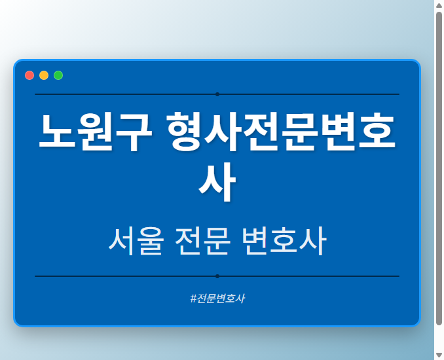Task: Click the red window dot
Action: (29, 75)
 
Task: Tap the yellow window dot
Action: (44, 75)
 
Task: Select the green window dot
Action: (58, 75)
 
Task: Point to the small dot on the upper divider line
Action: (217, 94)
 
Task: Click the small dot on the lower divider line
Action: (217, 276)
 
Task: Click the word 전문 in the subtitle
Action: (203, 242)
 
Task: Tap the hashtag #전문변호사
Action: (217, 298)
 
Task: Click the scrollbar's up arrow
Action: (439, 5)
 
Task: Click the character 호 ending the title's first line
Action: (376, 133)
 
